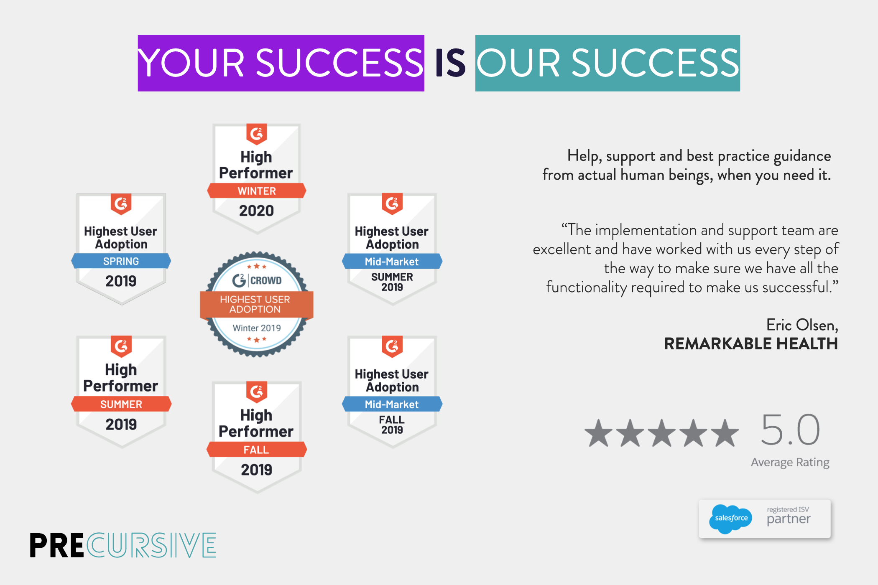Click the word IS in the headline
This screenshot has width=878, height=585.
click(x=450, y=64)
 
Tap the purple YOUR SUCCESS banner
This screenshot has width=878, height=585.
click(x=281, y=63)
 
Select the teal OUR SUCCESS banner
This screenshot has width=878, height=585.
click(x=607, y=63)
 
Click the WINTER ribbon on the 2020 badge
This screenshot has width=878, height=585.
click(x=256, y=191)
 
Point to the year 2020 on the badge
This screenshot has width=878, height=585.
click(x=256, y=211)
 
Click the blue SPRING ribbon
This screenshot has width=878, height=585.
click(x=121, y=261)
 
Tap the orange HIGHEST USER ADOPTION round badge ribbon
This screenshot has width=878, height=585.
click(x=255, y=304)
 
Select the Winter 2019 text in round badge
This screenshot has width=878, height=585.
click(x=256, y=328)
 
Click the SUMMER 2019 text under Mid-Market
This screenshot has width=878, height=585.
click(x=392, y=282)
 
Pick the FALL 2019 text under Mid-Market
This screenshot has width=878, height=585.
click(x=392, y=425)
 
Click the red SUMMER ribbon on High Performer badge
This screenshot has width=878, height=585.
click(x=121, y=404)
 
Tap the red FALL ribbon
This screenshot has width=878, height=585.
click(x=256, y=450)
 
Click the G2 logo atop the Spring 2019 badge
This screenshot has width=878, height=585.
click(x=121, y=204)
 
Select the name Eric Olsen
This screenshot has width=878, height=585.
click(x=801, y=325)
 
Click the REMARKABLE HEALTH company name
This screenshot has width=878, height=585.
click(x=750, y=344)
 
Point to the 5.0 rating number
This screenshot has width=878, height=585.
click(x=790, y=430)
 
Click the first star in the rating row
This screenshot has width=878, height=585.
click(x=598, y=433)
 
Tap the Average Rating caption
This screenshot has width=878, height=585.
click(x=790, y=462)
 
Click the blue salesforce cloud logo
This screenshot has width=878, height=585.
click(x=730, y=518)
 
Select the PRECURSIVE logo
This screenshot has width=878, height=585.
click(x=123, y=545)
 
